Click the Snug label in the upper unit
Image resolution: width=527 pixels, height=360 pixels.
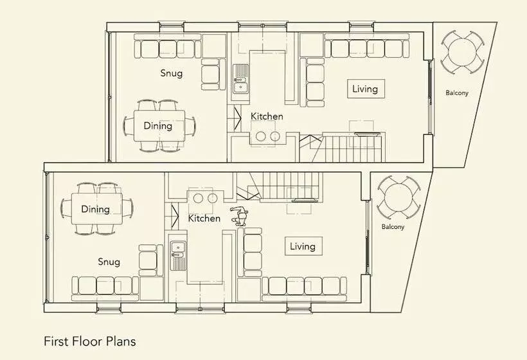[x=172, y=73]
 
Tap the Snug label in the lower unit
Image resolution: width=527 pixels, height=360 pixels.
[x=109, y=262]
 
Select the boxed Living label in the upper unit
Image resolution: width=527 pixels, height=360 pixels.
[x=366, y=89]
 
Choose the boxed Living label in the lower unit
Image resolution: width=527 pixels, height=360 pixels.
[x=303, y=246]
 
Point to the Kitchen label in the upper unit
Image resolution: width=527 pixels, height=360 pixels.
[x=267, y=116]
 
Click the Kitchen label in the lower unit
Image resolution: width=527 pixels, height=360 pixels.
[x=204, y=218]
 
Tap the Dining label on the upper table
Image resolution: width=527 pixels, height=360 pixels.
[x=157, y=126]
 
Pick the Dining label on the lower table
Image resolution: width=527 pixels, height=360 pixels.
[x=95, y=209]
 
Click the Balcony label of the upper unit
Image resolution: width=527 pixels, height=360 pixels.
[x=457, y=93]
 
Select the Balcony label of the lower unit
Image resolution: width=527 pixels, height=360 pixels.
[x=393, y=227]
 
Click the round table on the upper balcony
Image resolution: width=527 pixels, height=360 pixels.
[x=462, y=52]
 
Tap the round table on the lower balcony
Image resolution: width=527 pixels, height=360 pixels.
[x=398, y=197]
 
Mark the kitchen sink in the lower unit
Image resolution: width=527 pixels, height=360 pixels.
[x=178, y=255]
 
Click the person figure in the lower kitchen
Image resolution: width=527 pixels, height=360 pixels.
[x=239, y=216]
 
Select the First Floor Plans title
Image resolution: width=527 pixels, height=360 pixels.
[x=90, y=341]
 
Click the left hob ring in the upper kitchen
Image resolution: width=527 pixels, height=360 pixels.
[x=260, y=136]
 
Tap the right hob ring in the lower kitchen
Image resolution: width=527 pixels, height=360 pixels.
[x=213, y=199]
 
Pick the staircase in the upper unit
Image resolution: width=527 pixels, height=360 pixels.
[x=346, y=147]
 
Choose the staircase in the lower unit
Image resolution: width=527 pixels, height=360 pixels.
[x=278, y=186]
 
